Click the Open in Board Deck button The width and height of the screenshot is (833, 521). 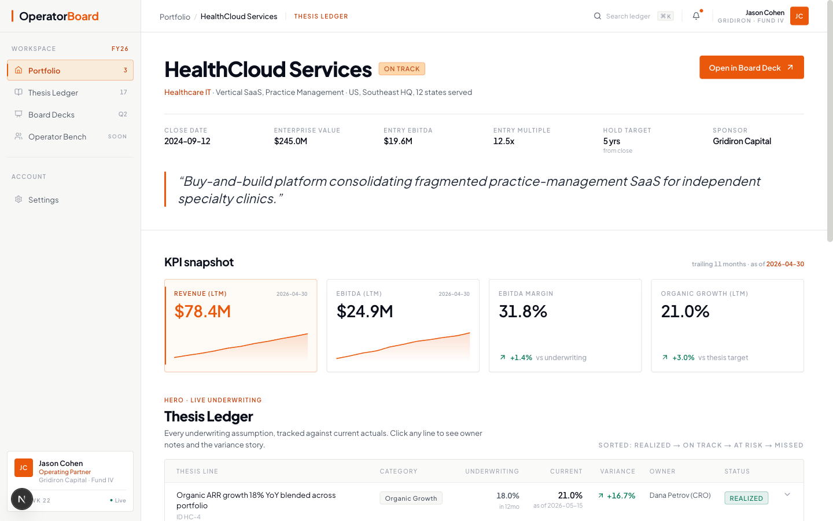point(751,67)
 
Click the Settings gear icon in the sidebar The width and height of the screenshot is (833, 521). point(19,200)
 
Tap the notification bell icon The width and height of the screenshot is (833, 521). point(696,16)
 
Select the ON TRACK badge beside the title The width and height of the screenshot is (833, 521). point(401,69)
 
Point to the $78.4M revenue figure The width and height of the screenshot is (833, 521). point(202,311)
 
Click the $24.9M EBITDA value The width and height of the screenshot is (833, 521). point(365,311)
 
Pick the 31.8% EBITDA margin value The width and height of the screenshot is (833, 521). point(523,311)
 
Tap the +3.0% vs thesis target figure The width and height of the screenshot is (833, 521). point(683,358)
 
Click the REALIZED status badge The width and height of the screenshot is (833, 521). point(746,498)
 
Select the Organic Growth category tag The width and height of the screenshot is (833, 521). point(411,498)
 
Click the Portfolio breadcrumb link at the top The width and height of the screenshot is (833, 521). point(175,17)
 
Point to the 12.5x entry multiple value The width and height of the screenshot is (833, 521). point(504,141)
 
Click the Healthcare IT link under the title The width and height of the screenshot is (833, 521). point(187,92)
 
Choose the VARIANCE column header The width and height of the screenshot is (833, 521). point(618,471)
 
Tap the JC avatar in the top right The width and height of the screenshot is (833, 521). point(799,16)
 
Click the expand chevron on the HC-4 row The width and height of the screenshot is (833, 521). point(787,494)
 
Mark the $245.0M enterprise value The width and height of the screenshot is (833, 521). point(290,141)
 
